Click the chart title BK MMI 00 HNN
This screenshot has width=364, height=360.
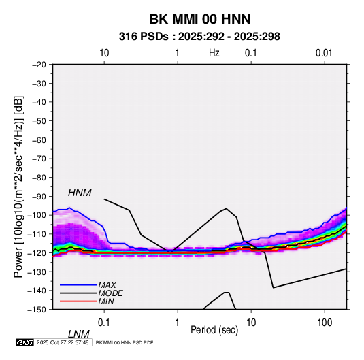(200, 19)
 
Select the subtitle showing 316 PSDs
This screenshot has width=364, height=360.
(199, 37)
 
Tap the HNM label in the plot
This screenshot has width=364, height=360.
(80, 193)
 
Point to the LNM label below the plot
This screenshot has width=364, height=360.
(79, 334)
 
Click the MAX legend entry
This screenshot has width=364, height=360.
(107, 284)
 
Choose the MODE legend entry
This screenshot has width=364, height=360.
(110, 293)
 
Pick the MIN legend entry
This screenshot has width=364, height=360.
(106, 301)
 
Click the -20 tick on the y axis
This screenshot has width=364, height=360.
(39, 65)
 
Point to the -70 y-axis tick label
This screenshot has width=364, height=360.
(39, 159)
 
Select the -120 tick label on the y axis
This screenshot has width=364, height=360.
(37, 253)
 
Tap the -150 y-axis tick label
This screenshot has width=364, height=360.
(37, 310)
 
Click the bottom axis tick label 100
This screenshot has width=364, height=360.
(325, 323)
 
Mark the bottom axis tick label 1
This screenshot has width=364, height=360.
(177, 323)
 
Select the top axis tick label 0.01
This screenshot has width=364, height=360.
(324, 53)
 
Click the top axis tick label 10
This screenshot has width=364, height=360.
(104, 53)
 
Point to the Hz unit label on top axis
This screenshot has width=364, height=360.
(214, 53)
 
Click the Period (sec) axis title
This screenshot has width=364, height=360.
(214, 330)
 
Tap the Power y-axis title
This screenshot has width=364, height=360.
(18, 187)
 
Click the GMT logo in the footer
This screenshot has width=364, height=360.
(24, 342)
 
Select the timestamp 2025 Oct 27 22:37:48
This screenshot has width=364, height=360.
(63, 342)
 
